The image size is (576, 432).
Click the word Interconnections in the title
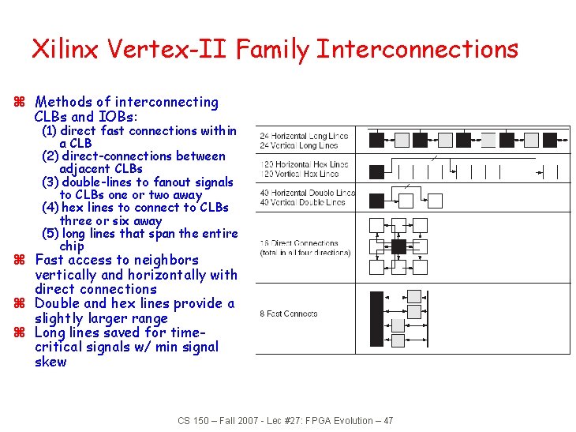417,49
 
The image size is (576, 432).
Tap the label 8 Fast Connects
289,314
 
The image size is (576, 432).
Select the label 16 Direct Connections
299,243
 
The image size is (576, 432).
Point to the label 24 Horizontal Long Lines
304,136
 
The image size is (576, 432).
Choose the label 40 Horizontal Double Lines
307,193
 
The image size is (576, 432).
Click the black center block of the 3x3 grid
398,246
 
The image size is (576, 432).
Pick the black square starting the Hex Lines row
378,171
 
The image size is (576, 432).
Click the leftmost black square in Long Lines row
378,141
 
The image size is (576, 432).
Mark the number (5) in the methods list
49,234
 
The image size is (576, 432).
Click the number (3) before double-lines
49,182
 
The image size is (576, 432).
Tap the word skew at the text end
50,362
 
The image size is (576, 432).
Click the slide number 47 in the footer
387,420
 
